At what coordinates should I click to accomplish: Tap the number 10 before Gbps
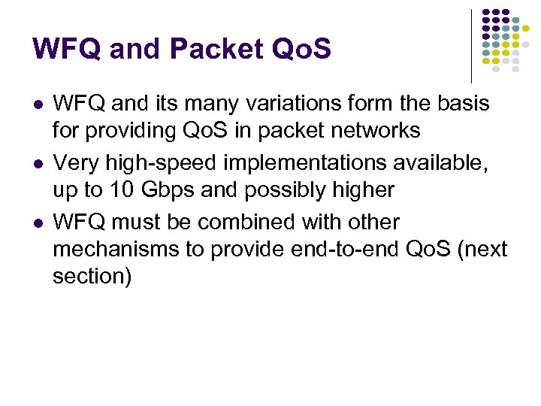tap(118, 190)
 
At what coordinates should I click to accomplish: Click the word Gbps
tap(166, 190)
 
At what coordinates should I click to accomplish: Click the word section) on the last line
tap(92, 276)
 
